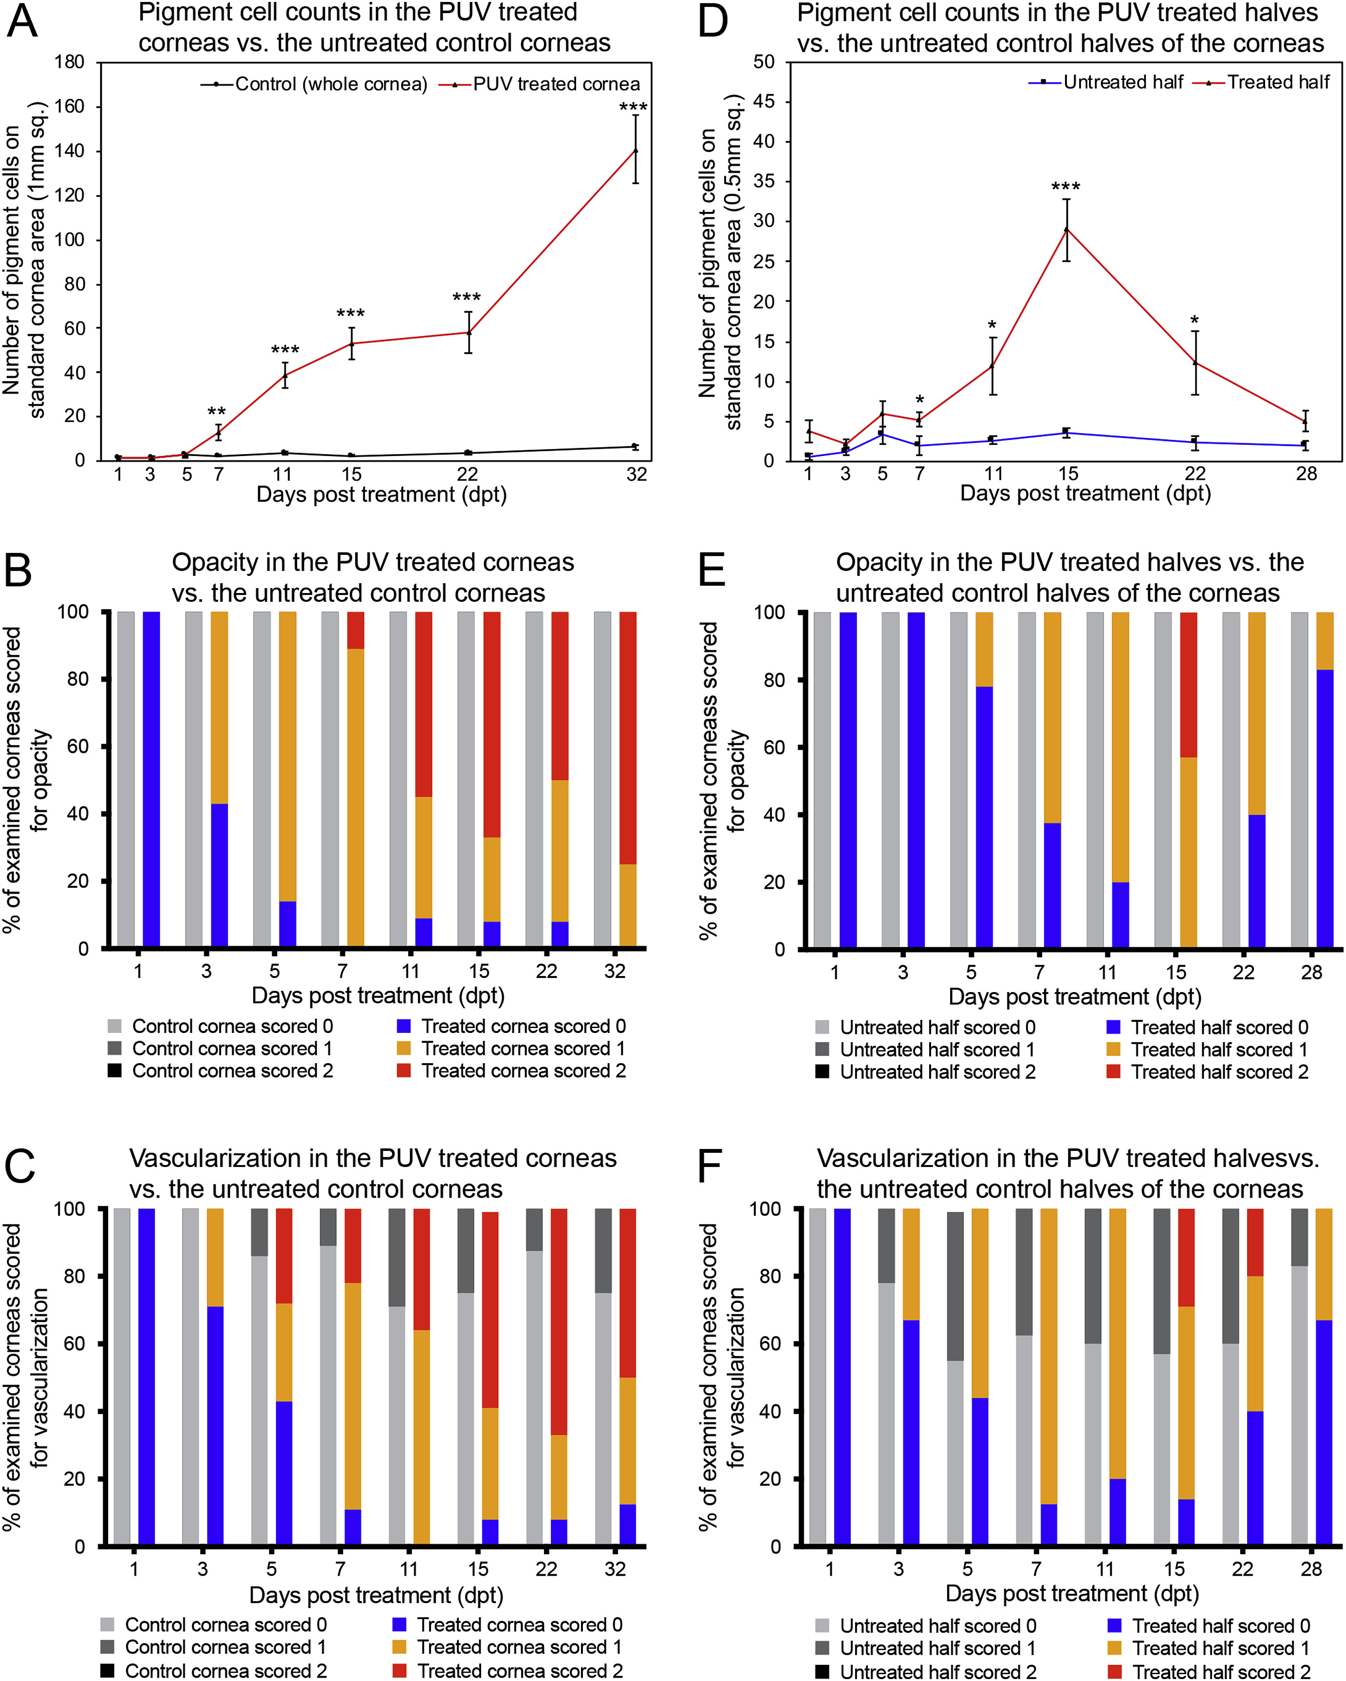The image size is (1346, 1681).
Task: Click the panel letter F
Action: point(709,1165)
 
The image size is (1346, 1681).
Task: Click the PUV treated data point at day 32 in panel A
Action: point(635,151)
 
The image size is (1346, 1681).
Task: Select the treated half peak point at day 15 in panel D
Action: point(1066,229)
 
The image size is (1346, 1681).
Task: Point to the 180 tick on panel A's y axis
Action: point(69,62)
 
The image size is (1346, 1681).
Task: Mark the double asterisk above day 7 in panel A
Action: point(217,412)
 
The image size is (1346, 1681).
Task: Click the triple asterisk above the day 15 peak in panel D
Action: point(1066,187)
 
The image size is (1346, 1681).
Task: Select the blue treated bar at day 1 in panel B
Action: point(151,780)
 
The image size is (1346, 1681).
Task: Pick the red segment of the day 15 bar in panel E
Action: point(1189,685)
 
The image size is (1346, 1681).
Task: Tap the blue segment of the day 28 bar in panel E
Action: point(1325,808)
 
